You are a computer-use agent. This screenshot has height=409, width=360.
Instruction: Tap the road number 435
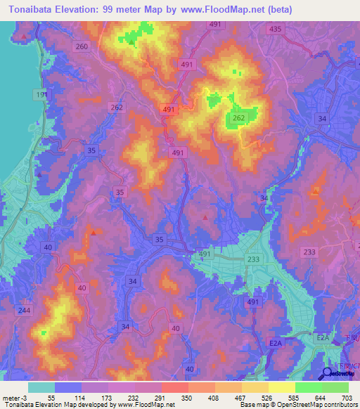pyautogui.click(x=275, y=29)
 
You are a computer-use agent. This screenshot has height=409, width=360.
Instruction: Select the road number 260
pyautogui.click(x=82, y=46)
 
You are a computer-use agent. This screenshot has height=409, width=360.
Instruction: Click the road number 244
pyautogui.click(x=25, y=311)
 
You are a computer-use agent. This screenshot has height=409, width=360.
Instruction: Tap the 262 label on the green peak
pyautogui.click(x=238, y=119)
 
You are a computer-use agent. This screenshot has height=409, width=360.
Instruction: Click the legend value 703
pyautogui.click(x=347, y=398)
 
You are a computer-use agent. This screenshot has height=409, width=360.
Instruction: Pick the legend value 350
pyautogui.click(x=187, y=398)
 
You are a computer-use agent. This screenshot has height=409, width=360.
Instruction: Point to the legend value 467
pyautogui.click(x=240, y=398)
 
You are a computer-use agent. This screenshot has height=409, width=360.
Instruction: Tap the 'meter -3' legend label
pyautogui.click(x=14, y=398)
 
